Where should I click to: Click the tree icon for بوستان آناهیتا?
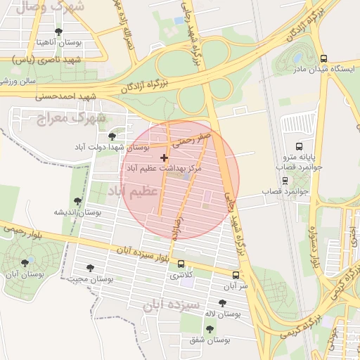click(x=58, y=32)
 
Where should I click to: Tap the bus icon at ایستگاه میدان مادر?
click(x=323, y=59)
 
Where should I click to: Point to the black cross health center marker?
click(x=165, y=158)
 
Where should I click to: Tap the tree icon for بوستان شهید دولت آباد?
click(x=112, y=136)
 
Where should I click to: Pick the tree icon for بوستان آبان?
click(x=25, y=263)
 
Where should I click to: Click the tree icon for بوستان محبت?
click(x=90, y=268)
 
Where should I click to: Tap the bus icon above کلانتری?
click(x=182, y=265)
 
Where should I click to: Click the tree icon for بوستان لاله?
click(x=223, y=303)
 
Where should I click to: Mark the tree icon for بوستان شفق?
click(x=210, y=328)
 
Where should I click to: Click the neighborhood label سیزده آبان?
click(x=169, y=304)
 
